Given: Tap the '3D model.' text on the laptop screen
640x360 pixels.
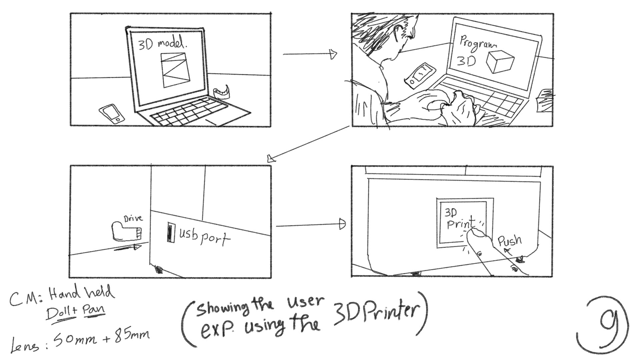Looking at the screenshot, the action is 159,44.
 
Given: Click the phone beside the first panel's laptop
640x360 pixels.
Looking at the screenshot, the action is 112,114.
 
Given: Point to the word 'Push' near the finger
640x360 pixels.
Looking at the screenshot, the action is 509,241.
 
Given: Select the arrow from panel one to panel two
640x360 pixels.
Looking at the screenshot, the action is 310,54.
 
